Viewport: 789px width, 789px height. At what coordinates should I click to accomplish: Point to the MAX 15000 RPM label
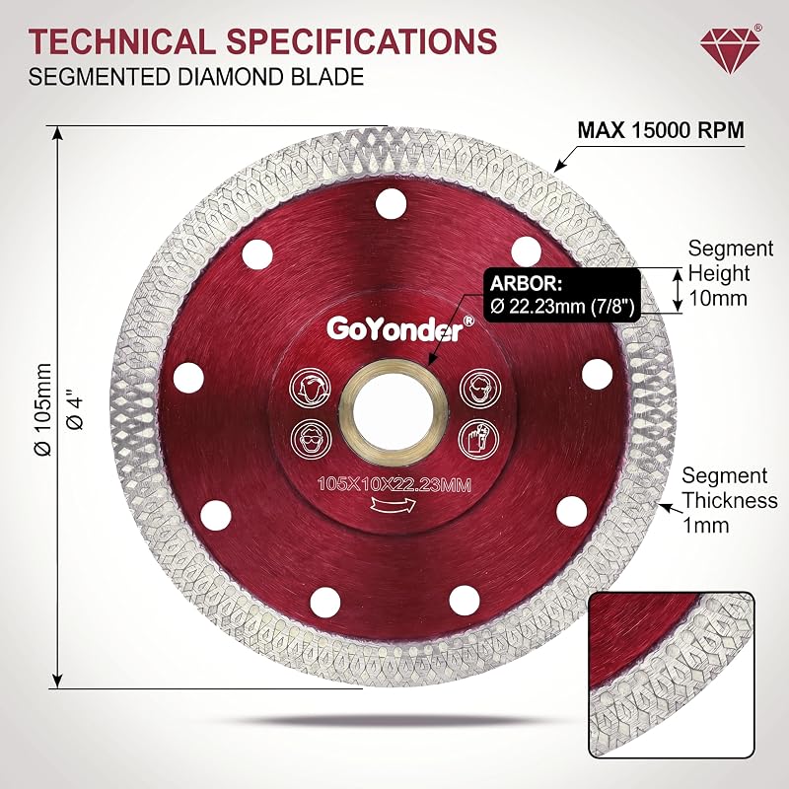pyautogui.click(x=661, y=130)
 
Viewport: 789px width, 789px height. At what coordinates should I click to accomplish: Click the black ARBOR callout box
pyautogui.click(x=562, y=295)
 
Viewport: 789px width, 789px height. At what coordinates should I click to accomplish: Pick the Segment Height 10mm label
pyautogui.click(x=730, y=273)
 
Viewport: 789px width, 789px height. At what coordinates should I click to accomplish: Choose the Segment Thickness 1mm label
pyautogui.click(x=729, y=500)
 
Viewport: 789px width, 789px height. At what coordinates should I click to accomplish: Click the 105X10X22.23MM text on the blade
pyautogui.click(x=394, y=485)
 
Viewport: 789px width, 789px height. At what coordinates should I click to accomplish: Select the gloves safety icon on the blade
pyautogui.click(x=478, y=438)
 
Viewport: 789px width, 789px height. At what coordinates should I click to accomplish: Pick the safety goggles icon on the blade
pyautogui.click(x=312, y=438)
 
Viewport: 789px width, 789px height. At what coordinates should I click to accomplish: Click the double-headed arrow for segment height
pyautogui.click(x=679, y=290)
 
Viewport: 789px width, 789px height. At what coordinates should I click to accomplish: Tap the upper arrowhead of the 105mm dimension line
pyautogui.click(x=59, y=134)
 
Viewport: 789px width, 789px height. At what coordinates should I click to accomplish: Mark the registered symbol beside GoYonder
pyautogui.click(x=467, y=321)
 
